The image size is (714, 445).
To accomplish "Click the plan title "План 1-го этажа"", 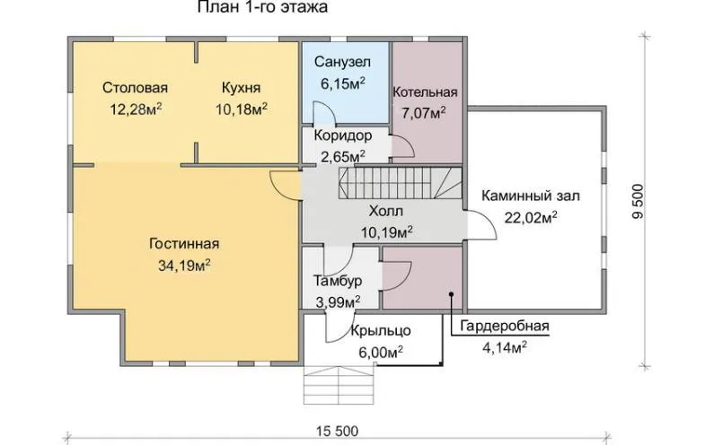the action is tap(262, 7).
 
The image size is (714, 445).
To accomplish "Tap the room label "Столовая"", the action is tap(136, 87).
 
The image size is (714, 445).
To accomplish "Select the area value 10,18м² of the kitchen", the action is tap(242, 109).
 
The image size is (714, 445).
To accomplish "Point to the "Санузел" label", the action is tap(342, 62).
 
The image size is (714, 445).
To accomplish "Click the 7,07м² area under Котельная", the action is tap(424, 112).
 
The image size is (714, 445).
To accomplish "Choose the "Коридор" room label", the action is tap(343, 135).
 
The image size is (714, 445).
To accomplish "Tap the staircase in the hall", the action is tap(400, 183).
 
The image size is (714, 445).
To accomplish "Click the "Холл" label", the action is tap(385, 211).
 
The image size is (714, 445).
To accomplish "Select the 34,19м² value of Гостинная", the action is tap(184, 266).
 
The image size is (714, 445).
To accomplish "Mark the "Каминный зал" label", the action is tap(531, 196).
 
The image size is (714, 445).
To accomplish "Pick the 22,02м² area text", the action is tap(531, 217).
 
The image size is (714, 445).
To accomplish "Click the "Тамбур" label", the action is tap(338, 281).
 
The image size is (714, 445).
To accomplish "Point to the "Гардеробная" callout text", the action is tap(505, 327).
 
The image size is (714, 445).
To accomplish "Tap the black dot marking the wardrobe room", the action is tap(451, 294).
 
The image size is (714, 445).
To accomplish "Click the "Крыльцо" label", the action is tap(381, 331).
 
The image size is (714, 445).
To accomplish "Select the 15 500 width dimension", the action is tap(338, 431).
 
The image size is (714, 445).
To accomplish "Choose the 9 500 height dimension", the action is tap(639, 202).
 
